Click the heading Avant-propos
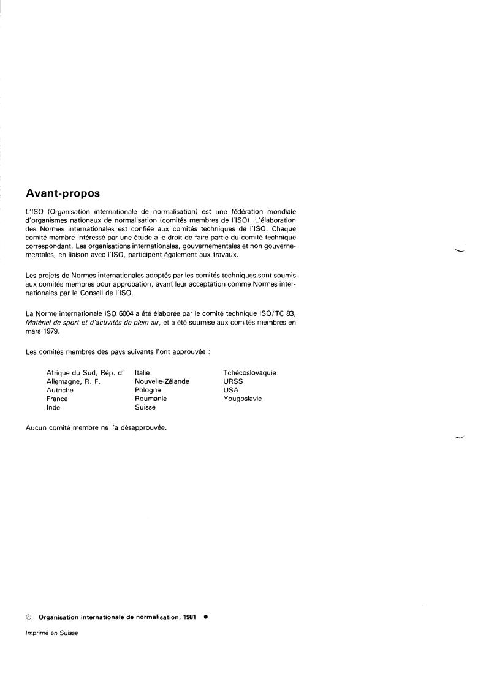[x=63, y=193]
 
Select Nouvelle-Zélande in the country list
[x=162, y=381]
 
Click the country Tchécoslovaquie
[x=249, y=372]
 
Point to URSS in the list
[x=233, y=381]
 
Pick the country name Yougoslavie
[x=243, y=399]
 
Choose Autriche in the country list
[x=60, y=390]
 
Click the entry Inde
[x=53, y=407]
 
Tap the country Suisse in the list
[x=145, y=407]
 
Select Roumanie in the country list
[x=151, y=399]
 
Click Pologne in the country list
[x=148, y=390]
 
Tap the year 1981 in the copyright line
[x=189, y=617]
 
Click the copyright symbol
[x=29, y=617]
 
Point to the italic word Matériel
[x=38, y=323]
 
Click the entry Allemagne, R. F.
[x=73, y=381]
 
